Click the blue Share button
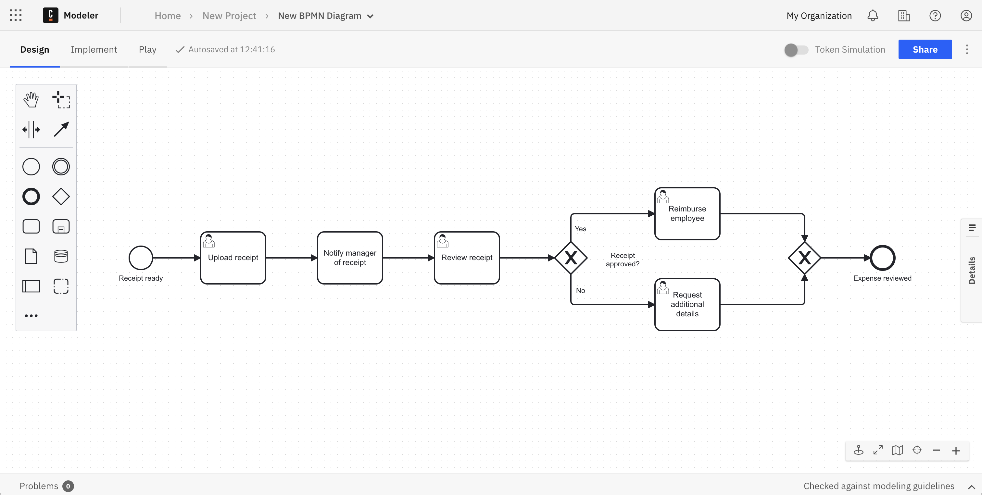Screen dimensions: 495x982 [x=925, y=50]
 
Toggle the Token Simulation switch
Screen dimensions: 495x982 [x=796, y=50]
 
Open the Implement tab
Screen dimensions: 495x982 [x=94, y=50]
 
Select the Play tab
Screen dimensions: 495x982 [x=147, y=50]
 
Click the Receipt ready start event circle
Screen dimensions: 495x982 [x=141, y=258]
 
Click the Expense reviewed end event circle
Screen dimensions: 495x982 [x=882, y=258]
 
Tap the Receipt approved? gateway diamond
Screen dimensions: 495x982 [x=571, y=258]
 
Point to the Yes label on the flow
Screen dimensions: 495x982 [x=580, y=229]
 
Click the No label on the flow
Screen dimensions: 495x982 [x=580, y=291]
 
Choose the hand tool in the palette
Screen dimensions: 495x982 [x=31, y=99]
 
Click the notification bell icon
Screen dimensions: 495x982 [x=873, y=16]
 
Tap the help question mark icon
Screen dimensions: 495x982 [x=935, y=16]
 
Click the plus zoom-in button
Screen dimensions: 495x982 [x=956, y=451]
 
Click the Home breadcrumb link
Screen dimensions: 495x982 [x=167, y=16]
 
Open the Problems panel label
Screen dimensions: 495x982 [x=39, y=486]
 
